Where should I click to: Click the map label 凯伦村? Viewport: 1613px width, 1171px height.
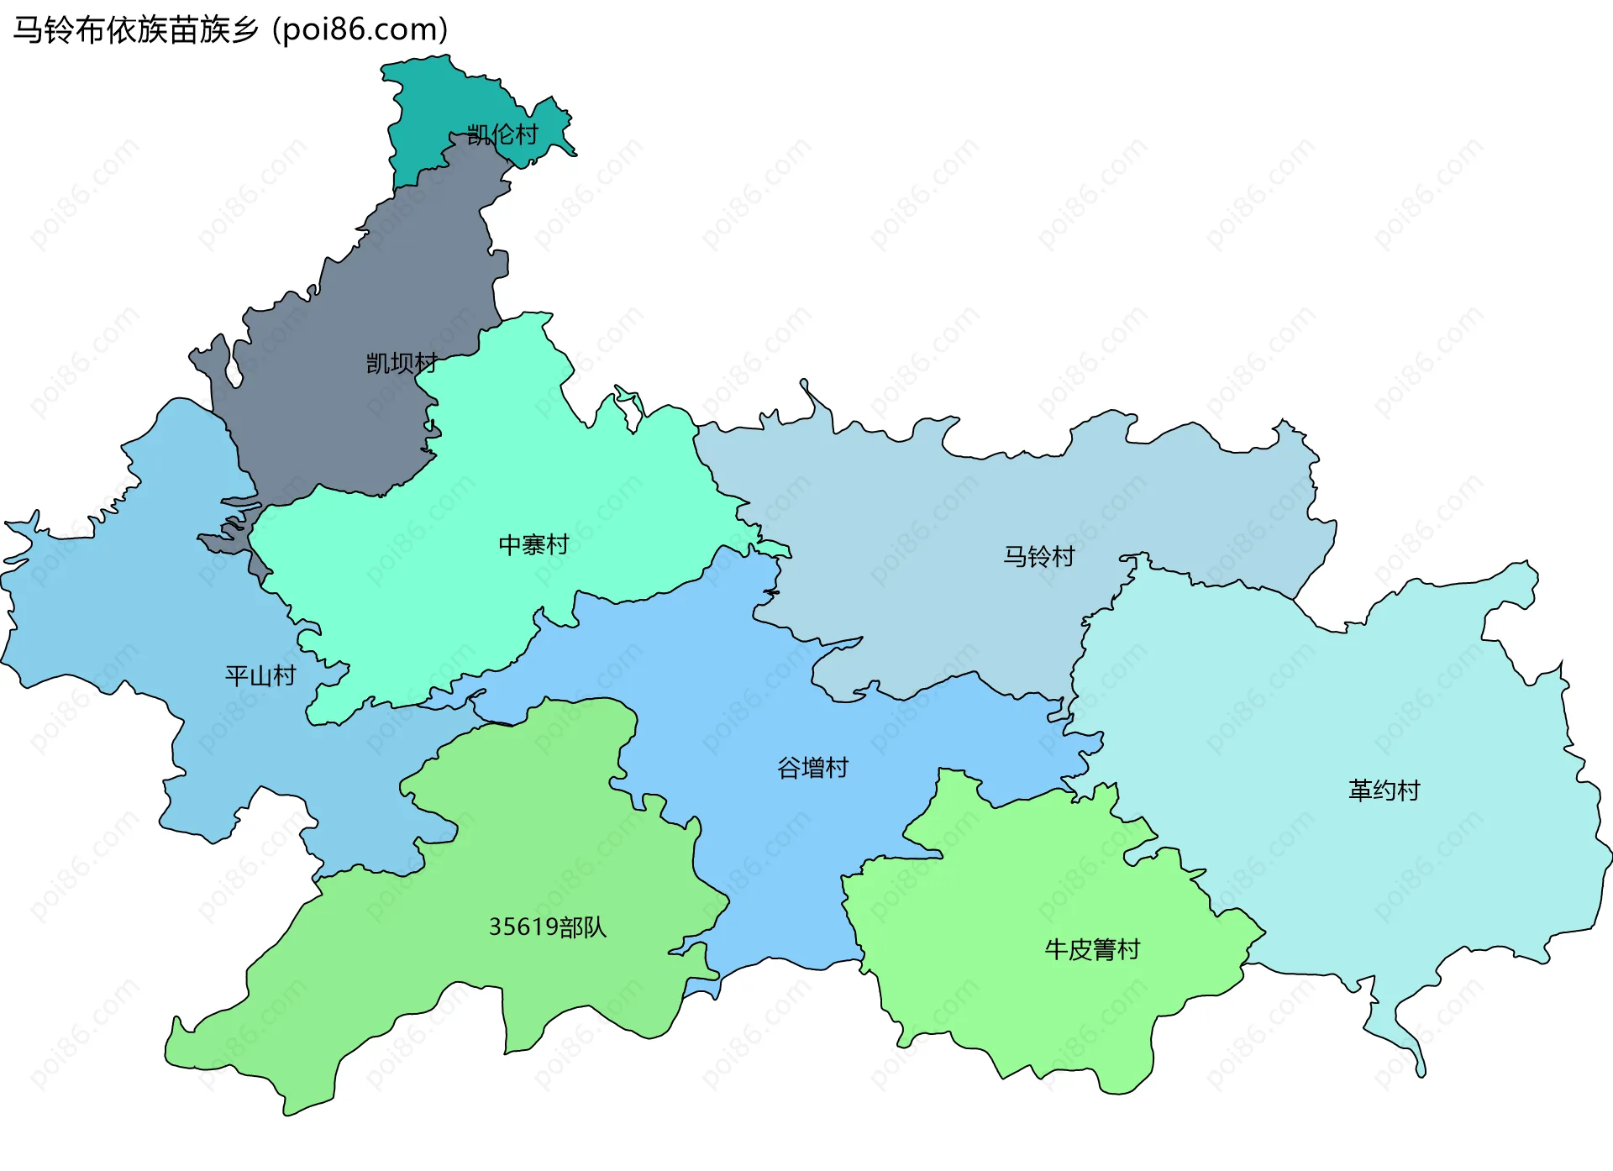click(x=502, y=134)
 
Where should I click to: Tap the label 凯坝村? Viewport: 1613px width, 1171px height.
click(x=402, y=363)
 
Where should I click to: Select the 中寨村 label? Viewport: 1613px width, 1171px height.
click(x=533, y=545)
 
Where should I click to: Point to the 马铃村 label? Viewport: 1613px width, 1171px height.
click(x=1039, y=556)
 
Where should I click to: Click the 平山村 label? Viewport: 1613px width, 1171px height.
click(x=260, y=675)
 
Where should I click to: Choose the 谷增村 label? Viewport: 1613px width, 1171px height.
click(x=812, y=768)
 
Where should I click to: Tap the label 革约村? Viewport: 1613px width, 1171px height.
click(x=1384, y=790)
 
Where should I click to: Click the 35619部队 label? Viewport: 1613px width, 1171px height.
click(x=548, y=927)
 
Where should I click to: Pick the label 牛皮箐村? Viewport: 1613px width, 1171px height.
click(x=1092, y=949)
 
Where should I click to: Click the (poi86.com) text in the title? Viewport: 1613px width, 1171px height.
click(x=360, y=30)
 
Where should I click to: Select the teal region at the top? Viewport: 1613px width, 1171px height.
click(x=437, y=101)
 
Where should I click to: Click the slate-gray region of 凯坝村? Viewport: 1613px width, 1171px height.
click(x=336, y=420)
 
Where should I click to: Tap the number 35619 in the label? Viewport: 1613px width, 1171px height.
click(x=523, y=927)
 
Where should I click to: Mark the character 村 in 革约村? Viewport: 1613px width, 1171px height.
click(x=1408, y=790)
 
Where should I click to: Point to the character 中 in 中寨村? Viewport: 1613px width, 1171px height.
click(x=510, y=545)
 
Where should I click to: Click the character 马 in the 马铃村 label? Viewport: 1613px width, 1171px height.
click(x=1016, y=556)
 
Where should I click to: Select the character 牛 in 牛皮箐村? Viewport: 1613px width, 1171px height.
click(x=1056, y=949)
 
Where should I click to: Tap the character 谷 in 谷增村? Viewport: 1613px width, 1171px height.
click(x=789, y=768)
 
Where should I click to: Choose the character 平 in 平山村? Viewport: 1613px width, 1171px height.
click(x=237, y=675)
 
